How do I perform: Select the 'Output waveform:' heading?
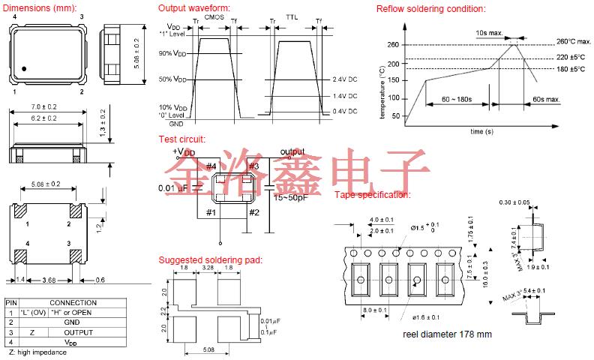(x=193, y=8)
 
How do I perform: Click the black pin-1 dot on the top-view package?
(x=25, y=69)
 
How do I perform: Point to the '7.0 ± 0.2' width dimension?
(x=46, y=106)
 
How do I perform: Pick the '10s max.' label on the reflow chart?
(x=488, y=33)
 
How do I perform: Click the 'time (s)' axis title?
(x=481, y=130)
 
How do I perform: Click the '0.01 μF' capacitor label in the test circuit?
(x=174, y=187)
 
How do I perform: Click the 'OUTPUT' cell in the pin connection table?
(x=78, y=331)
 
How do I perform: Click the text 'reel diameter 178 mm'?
(x=446, y=334)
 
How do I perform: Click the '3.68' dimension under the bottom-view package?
(x=49, y=280)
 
